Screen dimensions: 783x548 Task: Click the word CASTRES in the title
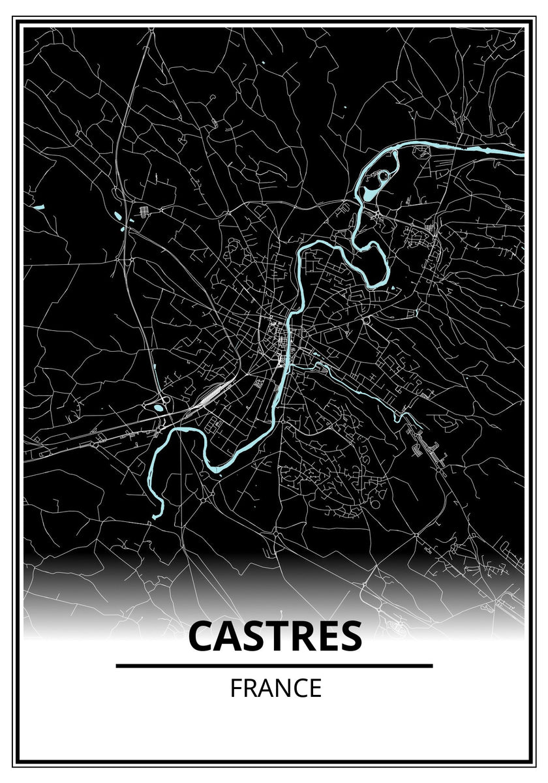tap(275, 636)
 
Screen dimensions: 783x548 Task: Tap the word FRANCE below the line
tap(275, 688)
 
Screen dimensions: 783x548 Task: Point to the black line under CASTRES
tap(274, 666)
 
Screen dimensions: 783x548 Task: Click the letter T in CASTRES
tap(277, 636)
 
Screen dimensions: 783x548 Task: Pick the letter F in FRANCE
tap(235, 688)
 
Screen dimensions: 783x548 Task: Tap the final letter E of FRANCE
tap(315, 688)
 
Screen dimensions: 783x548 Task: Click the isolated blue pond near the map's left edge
tap(37, 208)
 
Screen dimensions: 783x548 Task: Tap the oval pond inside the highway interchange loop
tap(159, 408)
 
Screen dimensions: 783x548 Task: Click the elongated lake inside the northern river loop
tap(370, 194)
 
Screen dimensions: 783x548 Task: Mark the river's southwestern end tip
tap(155, 517)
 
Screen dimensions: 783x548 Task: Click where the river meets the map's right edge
tap(522, 155)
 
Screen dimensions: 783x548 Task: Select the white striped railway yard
tap(211, 395)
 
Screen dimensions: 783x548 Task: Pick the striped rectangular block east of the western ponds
tap(144, 211)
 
